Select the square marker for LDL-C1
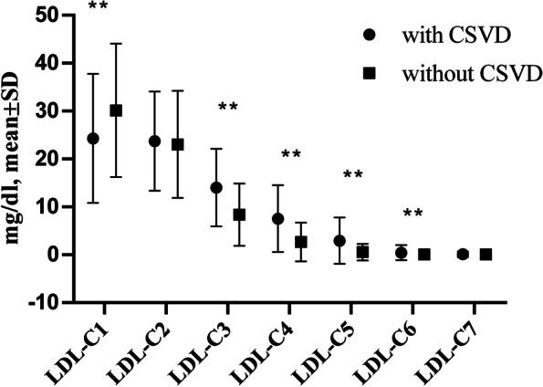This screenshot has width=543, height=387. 116,110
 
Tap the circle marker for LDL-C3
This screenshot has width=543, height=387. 216,187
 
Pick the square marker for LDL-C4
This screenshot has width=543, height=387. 301,242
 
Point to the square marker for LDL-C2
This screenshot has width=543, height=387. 178,144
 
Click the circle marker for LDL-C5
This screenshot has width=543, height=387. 339,241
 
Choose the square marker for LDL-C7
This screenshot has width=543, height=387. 486,254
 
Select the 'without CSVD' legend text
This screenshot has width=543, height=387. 461,70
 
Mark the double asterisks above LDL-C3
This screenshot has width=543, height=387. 228,108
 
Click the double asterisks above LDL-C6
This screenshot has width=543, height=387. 412,214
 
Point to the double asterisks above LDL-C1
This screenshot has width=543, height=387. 98,7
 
